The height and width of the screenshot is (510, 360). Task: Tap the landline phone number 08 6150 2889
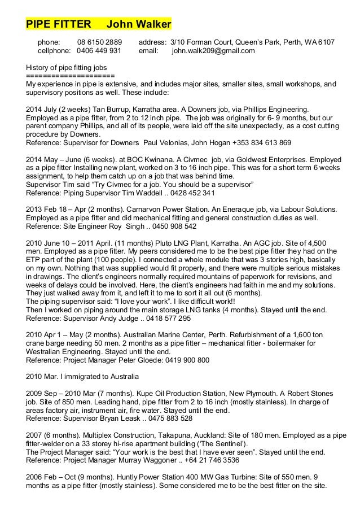[99, 42]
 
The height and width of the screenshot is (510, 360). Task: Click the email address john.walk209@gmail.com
[213, 51]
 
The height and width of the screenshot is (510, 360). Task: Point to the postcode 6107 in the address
[326, 42]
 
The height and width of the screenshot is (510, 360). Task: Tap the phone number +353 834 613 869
[264, 143]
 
